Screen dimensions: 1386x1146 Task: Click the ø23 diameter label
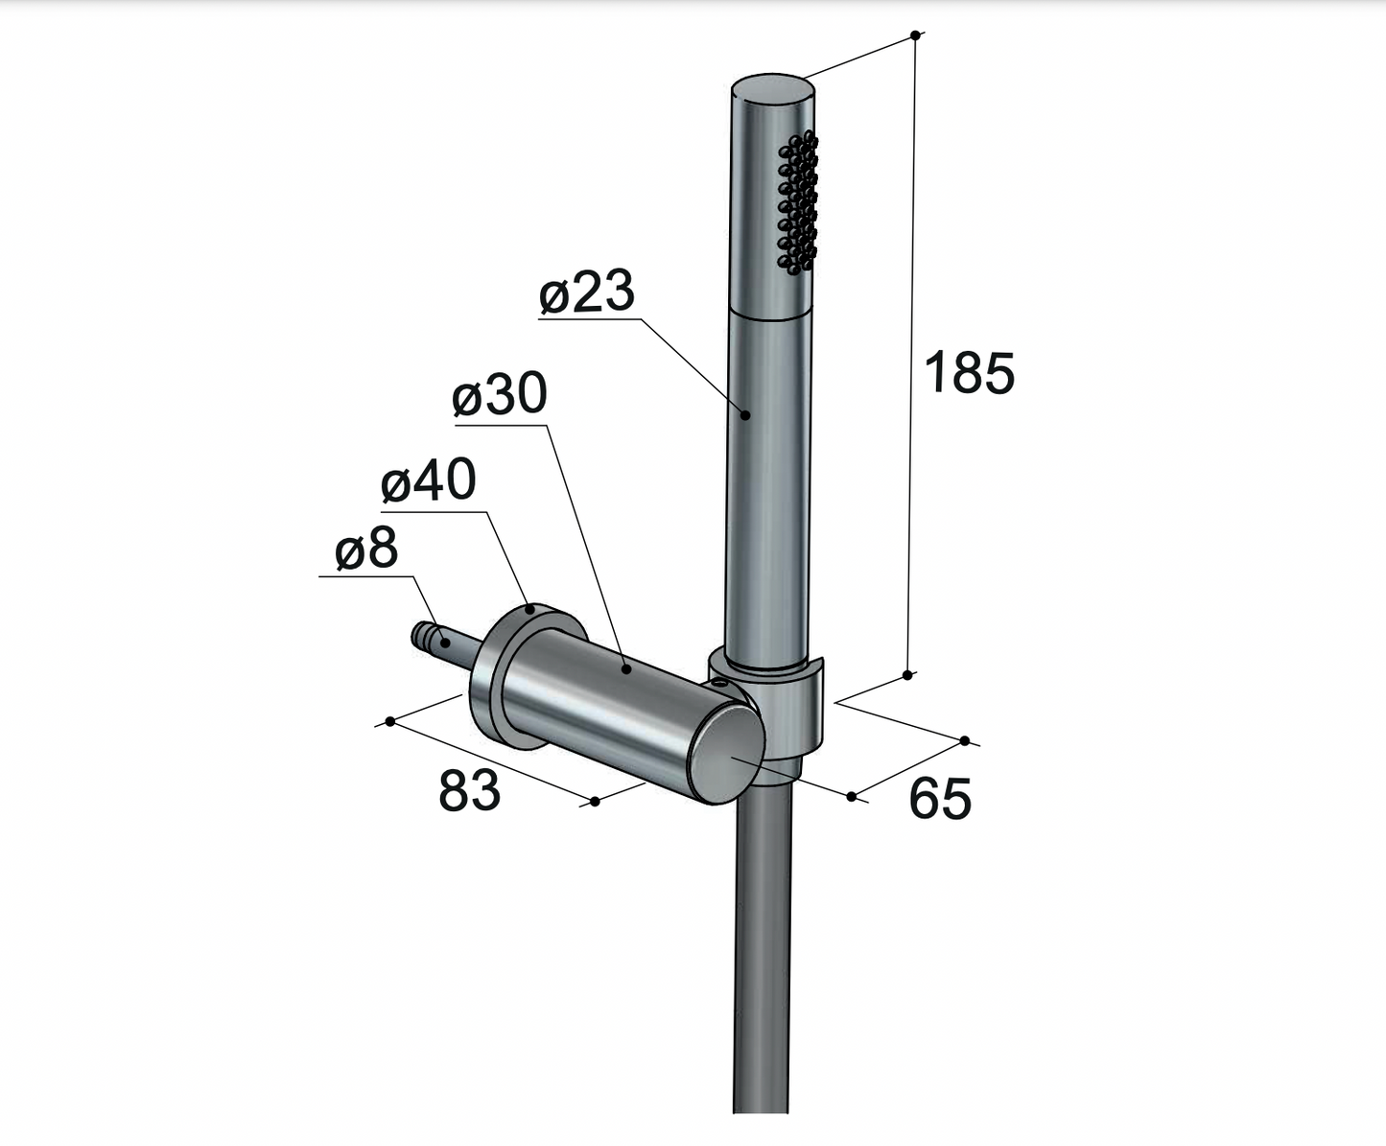tap(587, 292)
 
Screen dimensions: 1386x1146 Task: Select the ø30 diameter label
tap(500, 394)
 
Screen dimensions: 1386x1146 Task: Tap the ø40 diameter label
tap(429, 479)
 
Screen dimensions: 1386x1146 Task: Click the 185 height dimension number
tap(969, 373)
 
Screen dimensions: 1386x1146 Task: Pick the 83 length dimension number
tap(469, 791)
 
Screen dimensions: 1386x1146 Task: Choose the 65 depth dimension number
tap(940, 798)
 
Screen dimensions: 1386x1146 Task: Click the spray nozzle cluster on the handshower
tap(797, 202)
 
